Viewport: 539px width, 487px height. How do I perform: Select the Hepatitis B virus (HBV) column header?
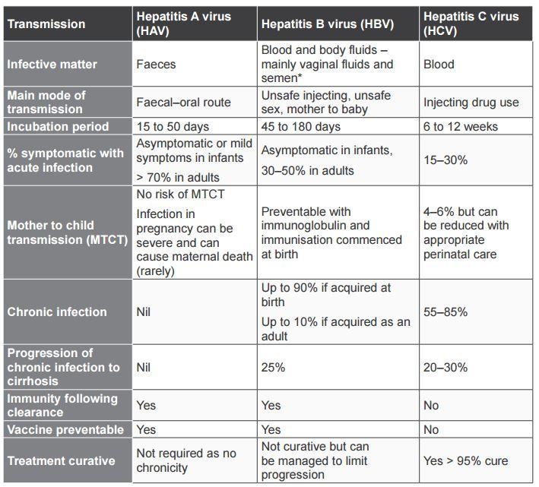tap(328, 24)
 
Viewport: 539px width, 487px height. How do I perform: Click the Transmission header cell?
tap(46, 24)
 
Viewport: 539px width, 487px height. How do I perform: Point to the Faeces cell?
tap(156, 65)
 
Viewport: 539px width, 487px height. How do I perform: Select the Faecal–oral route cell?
tap(183, 103)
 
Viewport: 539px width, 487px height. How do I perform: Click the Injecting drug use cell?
tap(471, 103)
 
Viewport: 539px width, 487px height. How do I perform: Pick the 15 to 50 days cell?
tap(173, 127)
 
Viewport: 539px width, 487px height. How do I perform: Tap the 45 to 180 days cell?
tap(301, 127)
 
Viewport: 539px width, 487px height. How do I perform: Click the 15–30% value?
tap(445, 160)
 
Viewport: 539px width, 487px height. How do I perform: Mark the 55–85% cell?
tap(445, 312)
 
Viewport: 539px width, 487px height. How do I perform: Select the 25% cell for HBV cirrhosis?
tap(273, 368)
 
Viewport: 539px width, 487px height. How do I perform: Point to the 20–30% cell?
tap(445, 368)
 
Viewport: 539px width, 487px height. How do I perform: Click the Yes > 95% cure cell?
tap(465, 461)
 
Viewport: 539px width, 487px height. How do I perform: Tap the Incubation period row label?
tap(59, 127)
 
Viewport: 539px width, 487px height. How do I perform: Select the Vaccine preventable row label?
tap(65, 430)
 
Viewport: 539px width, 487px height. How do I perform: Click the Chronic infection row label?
tap(57, 312)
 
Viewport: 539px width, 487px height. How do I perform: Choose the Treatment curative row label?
tap(62, 461)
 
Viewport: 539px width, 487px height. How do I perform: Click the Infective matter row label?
tap(52, 65)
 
